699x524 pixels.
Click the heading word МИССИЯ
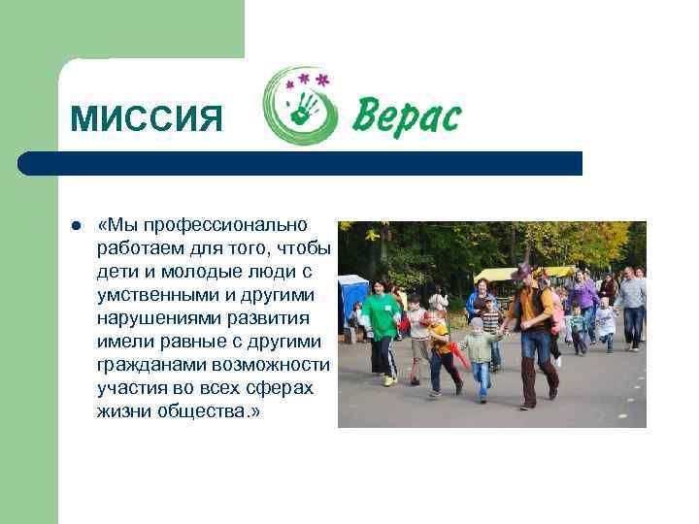pos(147,119)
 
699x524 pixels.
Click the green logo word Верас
pos(406,116)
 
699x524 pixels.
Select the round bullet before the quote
pos(75,226)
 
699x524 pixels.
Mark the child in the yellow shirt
pos(443,349)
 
